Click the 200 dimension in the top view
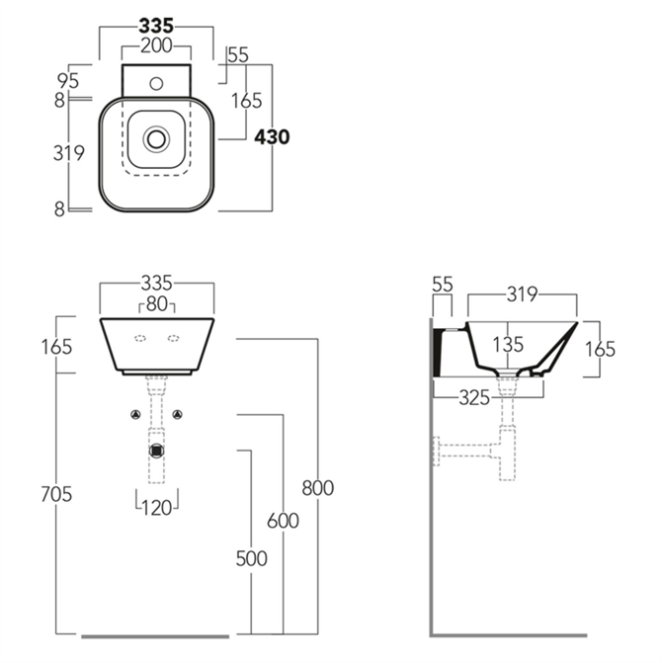(156, 45)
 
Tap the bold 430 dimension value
(272, 137)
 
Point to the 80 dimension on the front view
(156, 302)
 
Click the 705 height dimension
(58, 495)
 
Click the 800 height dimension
(317, 487)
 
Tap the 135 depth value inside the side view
(508, 345)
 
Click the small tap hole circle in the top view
(156, 84)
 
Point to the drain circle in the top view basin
(156, 139)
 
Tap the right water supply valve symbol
(179, 414)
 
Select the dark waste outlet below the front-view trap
(156, 452)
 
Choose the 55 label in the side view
(443, 285)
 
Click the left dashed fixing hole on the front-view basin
(138, 340)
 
